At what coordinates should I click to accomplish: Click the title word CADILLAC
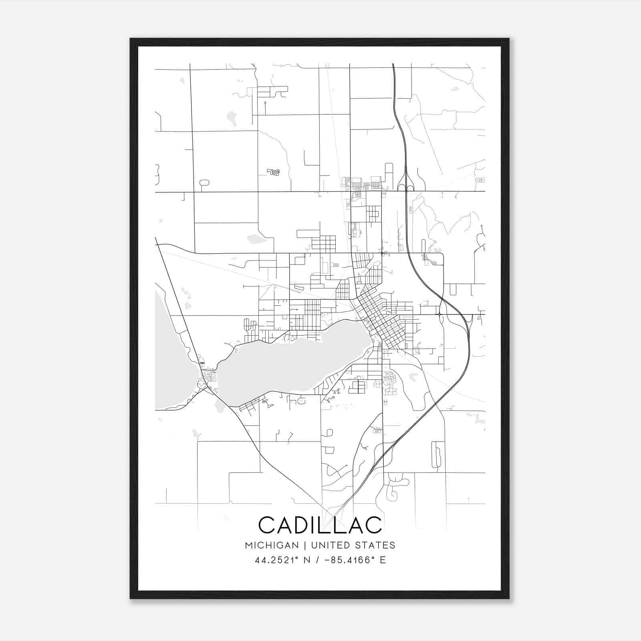tap(320, 525)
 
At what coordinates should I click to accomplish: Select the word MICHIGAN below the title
tap(272, 545)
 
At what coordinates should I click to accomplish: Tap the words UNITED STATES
tap(353, 545)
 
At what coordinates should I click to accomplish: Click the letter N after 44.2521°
tap(307, 560)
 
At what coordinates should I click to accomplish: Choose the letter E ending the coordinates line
tap(383, 560)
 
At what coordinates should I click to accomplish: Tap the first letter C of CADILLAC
tap(267, 525)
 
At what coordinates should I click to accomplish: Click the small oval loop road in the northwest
tap(204, 183)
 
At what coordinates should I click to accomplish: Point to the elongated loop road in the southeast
tap(436, 455)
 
